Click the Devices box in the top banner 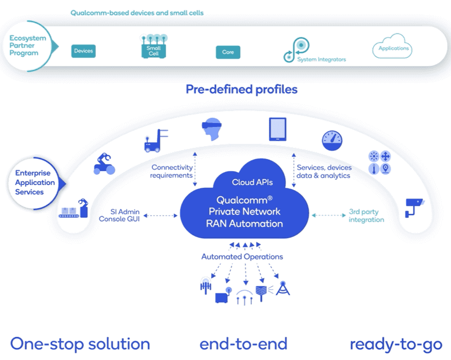[83, 51]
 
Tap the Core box [228, 52]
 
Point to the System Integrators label [321, 59]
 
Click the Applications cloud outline [393, 49]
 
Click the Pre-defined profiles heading [241, 89]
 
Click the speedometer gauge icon [331, 141]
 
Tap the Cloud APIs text [251, 182]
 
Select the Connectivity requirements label [171, 172]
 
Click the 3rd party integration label [366, 216]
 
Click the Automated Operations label [242, 257]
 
